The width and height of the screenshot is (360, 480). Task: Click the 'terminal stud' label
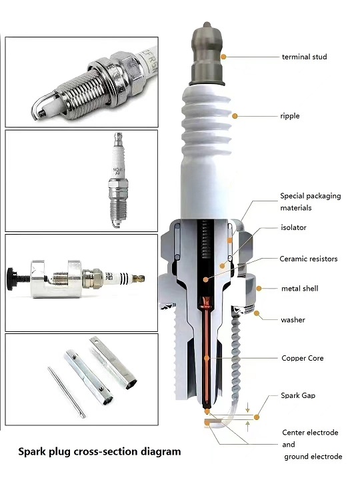click(304, 57)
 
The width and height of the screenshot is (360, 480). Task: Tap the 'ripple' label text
click(289, 116)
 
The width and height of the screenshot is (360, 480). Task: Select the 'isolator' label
click(293, 227)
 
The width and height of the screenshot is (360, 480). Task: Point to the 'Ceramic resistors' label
click(308, 259)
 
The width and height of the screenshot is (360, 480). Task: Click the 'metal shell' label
click(299, 289)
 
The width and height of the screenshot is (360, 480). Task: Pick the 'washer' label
click(293, 320)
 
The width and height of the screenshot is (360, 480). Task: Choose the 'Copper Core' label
click(302, 358)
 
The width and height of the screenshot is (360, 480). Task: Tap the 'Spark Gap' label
click(298, 395)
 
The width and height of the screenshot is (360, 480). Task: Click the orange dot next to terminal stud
click(224, 57)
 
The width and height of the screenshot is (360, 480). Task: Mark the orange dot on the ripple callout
click(235, 116)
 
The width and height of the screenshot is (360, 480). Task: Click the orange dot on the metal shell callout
click(259, 289)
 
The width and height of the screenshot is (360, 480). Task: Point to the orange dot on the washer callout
click(257, 313)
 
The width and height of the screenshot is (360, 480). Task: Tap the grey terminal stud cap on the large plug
click(207, 53)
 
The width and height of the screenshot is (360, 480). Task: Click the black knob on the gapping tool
click(12, 279)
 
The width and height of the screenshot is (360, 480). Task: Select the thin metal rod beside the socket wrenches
click(66, 392)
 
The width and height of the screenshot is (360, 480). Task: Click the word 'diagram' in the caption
click(161, 452)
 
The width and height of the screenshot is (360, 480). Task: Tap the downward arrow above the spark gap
click(248, 407)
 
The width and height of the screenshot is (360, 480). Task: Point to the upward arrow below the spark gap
click(248, 426)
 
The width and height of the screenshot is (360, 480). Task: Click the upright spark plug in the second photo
click(118, 180)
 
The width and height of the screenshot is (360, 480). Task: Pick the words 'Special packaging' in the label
click(311, 196)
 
